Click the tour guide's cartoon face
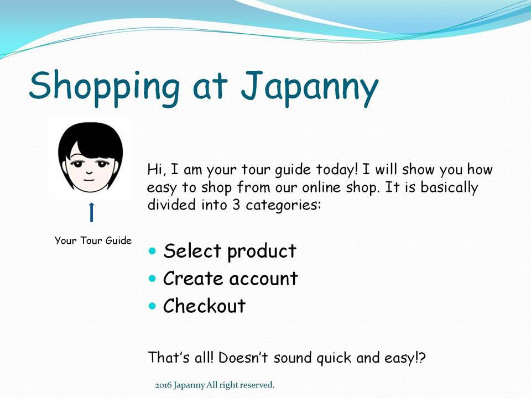pyautogui.click(x=91, y=158)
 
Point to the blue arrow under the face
pyautogui.click(x=92, y=212)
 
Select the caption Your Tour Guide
pyautogui.click(x=93, y=240)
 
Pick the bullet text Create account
pyautogui.click(x=230, y=278)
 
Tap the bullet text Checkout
pyautogui.click(x=204, y=306)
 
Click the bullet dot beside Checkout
pyautogui.click(x=153, y=306)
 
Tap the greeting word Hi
pyautogui.click(x=154, y=169)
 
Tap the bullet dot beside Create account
pyautogui.click(x=153, y=279)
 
